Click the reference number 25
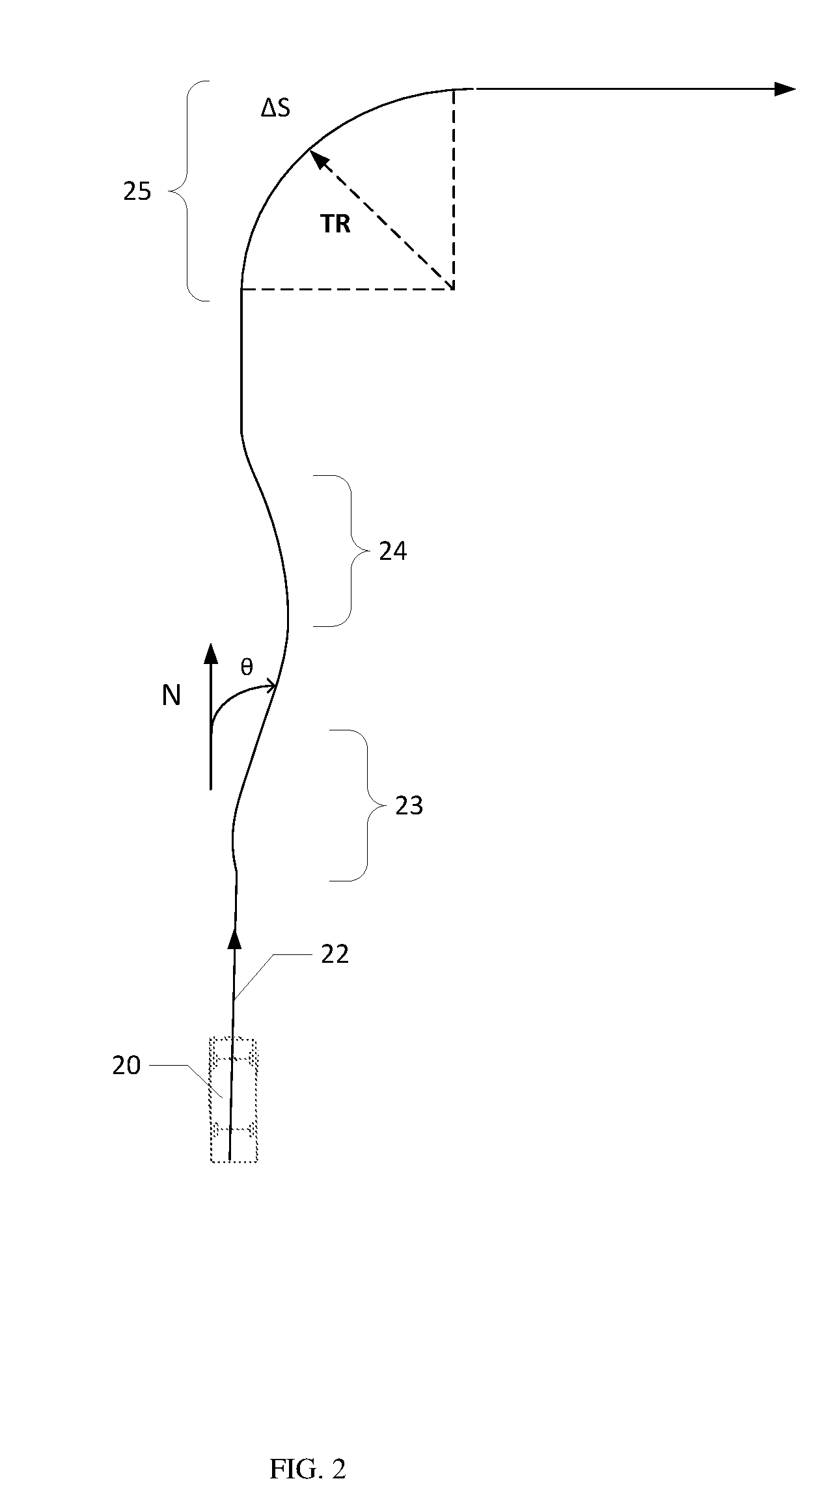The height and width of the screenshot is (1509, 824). [137, 191]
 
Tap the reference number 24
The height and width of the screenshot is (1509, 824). [393, 551]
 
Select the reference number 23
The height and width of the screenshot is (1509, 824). [409, 806]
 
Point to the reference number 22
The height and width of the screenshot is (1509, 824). [335, 954]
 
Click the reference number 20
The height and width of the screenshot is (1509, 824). [127, 1066]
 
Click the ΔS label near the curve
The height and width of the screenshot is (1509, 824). [275, 109]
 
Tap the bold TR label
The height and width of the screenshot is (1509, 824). [335, 225]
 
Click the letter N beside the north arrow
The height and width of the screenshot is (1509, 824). [171, 697]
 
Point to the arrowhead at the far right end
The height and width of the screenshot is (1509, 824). [786, 89]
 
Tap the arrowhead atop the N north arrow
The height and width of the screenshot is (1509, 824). [210, 654]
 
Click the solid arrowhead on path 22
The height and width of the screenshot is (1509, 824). [236, 937]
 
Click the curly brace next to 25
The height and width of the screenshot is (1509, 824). [189, 191]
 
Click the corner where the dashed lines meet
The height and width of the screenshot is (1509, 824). [453, 288]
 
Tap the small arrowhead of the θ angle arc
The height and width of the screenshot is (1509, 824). [271, 685]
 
